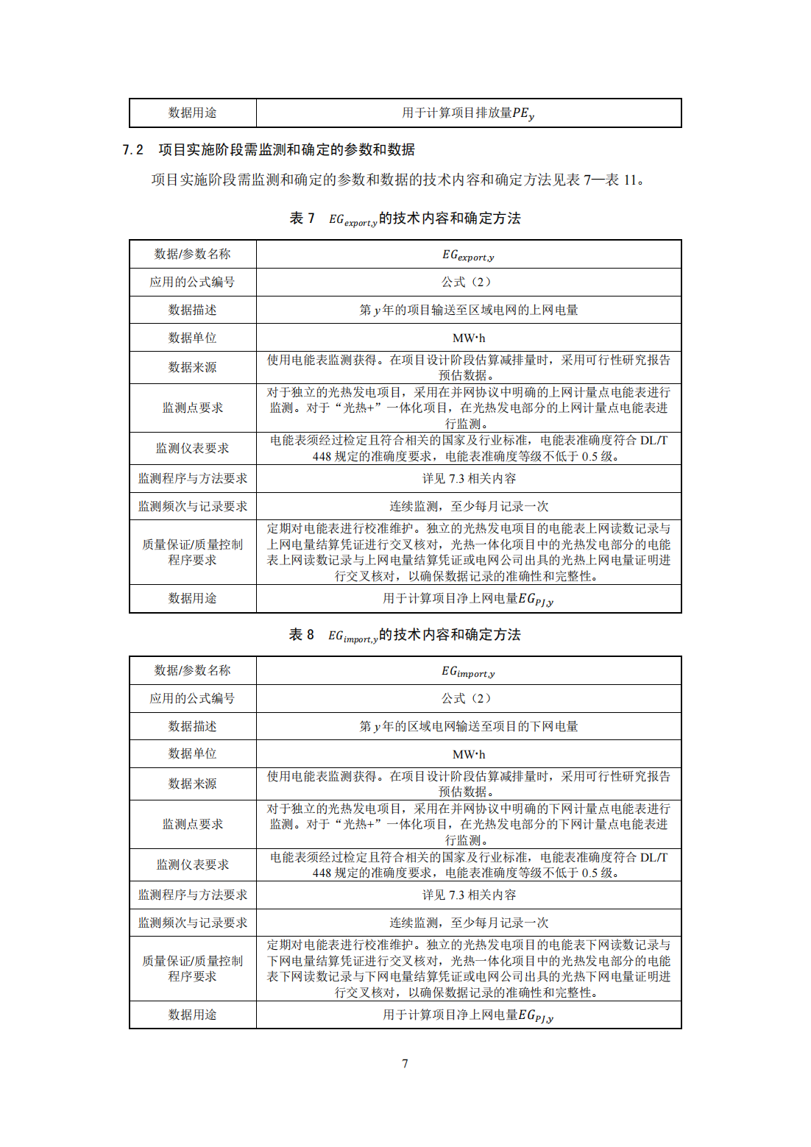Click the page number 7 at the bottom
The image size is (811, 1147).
click(x=405, y=1063)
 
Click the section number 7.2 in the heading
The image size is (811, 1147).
click(x=132, y=150)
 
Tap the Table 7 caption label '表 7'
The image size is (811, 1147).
click(x=302, y=219)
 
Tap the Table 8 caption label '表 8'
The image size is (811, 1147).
click(x=302, y=635)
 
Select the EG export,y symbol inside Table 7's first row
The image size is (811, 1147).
click(x=468, y=255)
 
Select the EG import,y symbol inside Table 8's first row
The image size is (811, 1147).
click(x=468, y=671)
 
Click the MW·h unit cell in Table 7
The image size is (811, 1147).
click(x=469, y=338)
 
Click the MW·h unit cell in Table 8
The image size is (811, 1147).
click(x=469, y=754)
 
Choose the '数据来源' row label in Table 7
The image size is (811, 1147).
click(x=192, y=367)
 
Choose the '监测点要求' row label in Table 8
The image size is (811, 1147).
click(x=192, y=824)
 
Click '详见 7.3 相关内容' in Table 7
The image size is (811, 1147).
click(x=469, y=479)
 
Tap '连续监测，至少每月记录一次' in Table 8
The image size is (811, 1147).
click(x=469, y=923)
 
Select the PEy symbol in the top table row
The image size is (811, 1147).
click(x=523, y=113)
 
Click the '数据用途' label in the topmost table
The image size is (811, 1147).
click(x=192, y=113)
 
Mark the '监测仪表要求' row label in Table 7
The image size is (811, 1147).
click(x=192, y=448)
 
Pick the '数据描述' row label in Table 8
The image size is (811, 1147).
click(x=192, y=726)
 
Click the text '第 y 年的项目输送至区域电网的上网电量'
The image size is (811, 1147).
click(x=469, y=310)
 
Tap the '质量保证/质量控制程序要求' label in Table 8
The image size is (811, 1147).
click(x=192, y=968)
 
